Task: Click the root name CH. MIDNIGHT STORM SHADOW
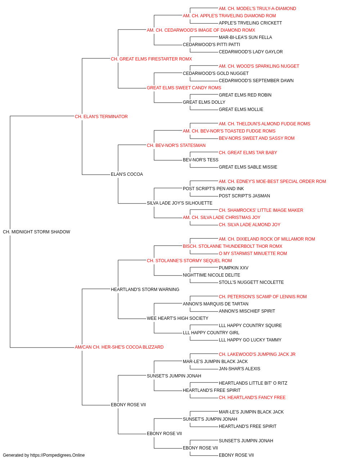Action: click(36, 232)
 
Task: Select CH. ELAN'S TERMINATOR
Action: click(101, 117)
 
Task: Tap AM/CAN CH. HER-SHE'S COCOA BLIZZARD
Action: click(119, 347)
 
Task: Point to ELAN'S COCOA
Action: click(127, 174)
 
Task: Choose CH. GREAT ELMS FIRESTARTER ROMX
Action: click(151, 59)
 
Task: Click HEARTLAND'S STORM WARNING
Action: click(145, 289)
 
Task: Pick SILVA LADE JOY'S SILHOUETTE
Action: click(180, 203)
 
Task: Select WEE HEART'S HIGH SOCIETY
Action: click(177, 318)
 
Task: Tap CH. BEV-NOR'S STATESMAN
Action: click(176, 145)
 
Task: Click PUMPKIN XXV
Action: click(233, 268)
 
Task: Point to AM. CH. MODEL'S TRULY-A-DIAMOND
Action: click(257, 9)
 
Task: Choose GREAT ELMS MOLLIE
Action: click(241, 109)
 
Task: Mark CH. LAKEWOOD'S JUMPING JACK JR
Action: click(257, 354)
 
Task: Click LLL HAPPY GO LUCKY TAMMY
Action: click(250, 340)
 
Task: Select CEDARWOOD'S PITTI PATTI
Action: click(211, 45)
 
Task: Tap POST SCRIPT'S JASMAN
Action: click(244, 196)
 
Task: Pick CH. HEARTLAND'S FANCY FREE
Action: click(252, 398)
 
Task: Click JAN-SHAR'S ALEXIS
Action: click(239, 369)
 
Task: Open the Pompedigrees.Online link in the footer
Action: click(57, 455)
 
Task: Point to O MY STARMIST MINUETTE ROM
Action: click(253, 253)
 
